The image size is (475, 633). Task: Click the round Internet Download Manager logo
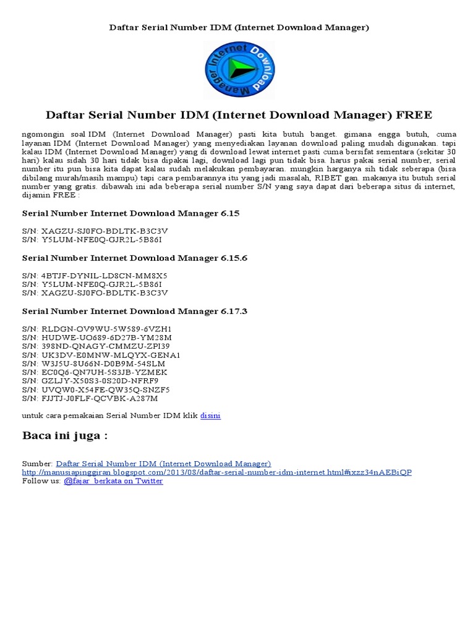pos(239,70)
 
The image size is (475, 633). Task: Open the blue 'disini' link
pos(210,415)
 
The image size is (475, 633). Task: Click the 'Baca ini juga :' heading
pos(65,436)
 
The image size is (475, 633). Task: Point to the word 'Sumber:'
pos(37,463)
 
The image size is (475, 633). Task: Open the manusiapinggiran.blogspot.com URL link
pos(216,472)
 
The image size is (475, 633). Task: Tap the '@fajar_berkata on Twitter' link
pos(113,480)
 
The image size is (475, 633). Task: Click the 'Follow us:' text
pos(41,480)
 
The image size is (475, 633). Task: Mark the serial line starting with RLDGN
pos(96,329)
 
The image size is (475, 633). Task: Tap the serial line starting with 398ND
pos(95,346)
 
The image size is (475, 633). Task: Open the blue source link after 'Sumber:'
pos(163,463)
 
